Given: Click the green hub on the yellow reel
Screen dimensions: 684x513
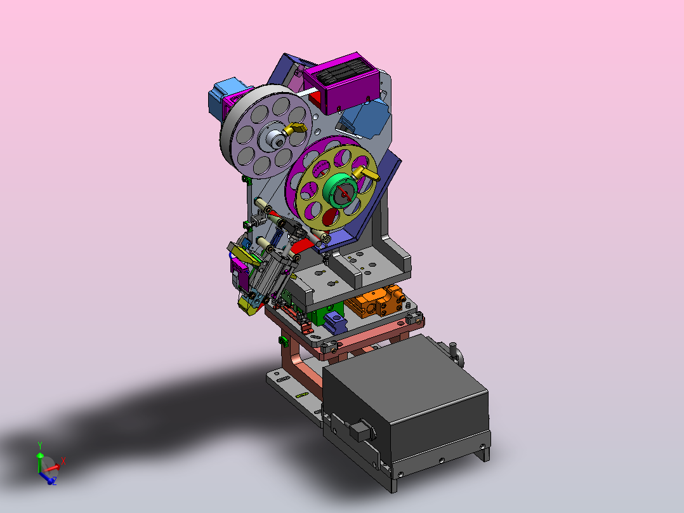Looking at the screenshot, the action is pyautogui.click(x=340, y=190).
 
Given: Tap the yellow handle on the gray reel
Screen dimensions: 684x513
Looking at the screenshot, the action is pyautogui.click(x=294, y=130).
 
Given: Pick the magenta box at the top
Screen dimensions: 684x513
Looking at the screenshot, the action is pyautogui.click(x=339, y=83).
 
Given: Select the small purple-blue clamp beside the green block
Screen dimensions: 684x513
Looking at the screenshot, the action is pyautogui.click(x=334, y=323).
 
